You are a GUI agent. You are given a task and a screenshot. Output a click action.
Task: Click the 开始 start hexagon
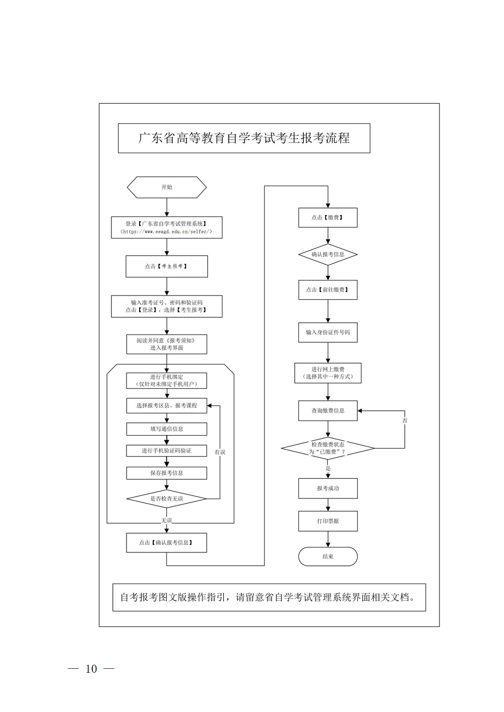point(167,187)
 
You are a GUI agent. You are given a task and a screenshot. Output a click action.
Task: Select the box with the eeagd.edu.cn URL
point(167,228)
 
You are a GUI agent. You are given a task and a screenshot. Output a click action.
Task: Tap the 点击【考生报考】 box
point(167,266)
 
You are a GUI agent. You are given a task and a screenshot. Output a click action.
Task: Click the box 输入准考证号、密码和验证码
point(167,306)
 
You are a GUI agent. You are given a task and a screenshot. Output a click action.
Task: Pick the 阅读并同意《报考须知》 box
point(167,344)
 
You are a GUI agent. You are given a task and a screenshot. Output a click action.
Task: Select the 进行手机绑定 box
point(167,381)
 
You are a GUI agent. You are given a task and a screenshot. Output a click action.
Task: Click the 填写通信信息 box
point(167,429)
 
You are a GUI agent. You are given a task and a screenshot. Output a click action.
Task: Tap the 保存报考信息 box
point(167,473)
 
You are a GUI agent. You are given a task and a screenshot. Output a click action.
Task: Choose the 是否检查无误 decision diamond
point(167,499)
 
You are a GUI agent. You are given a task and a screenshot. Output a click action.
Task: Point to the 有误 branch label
point(220,453)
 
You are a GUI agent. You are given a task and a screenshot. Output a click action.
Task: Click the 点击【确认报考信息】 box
point(167,543)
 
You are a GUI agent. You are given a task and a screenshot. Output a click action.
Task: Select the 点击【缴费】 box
point(328,218)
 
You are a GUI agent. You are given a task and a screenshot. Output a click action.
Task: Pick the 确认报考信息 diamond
point(328,255)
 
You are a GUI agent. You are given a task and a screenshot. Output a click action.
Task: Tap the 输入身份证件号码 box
point(328,333)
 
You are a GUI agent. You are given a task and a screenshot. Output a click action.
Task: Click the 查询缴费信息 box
point(328,411)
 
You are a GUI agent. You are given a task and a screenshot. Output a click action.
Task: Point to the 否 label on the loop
point(405,420)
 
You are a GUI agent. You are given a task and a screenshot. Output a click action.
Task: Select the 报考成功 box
point(328,488)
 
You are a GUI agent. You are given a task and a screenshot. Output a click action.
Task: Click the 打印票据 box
point(328,521)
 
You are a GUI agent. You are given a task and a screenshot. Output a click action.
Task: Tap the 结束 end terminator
point(328,557)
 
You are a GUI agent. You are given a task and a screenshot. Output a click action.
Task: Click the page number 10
point(91,669)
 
